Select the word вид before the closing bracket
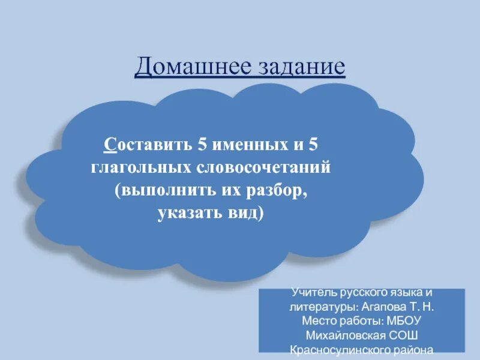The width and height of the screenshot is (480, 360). (x=245, y=214)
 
